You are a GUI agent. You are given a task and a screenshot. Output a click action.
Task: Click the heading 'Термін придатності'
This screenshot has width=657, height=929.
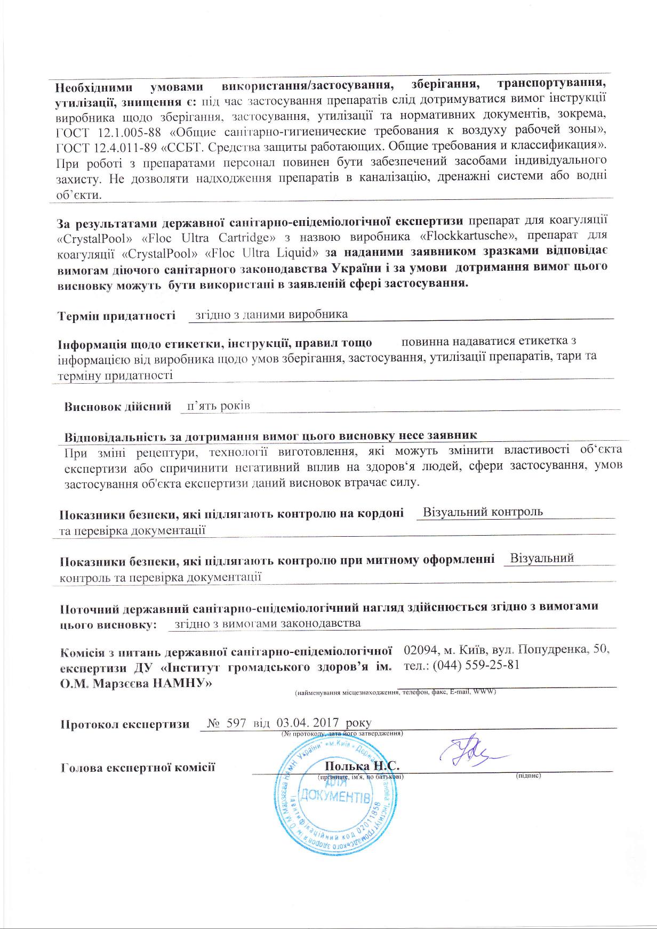(116, 316)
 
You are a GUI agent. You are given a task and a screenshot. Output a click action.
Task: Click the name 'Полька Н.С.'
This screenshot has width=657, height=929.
(362, 766)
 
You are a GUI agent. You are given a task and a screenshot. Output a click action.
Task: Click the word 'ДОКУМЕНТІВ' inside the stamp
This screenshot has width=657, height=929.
(335, 796)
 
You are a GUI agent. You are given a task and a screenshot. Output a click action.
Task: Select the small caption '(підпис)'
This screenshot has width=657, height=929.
(528, 775)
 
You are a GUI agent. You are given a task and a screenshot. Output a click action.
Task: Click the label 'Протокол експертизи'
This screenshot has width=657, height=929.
(125, 725)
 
